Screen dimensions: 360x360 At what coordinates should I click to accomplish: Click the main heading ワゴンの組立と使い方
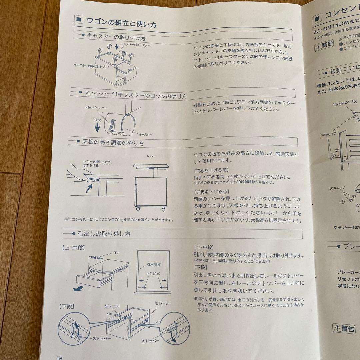(x=121, y=23)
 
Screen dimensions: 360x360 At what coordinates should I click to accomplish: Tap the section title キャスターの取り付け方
(x=116, y=37)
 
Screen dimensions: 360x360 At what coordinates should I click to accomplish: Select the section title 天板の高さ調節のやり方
(x=113, y=143)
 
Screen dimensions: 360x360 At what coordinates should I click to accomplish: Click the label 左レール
(x=111, y=306)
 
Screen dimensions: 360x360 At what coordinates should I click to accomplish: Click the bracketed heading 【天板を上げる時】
(x=211, y=171)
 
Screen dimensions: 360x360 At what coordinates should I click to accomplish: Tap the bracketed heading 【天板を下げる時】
(x=211, y=192)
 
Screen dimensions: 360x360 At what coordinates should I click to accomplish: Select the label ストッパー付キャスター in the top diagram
(x=135, y=45)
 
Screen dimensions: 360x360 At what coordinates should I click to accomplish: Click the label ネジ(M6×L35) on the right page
(x=345, y=104)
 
